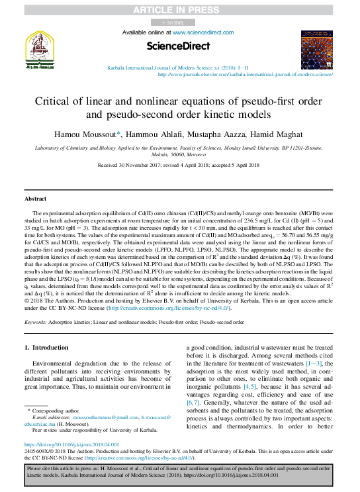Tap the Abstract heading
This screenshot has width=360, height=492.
[36, 199]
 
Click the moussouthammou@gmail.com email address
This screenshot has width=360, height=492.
[100, 418]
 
